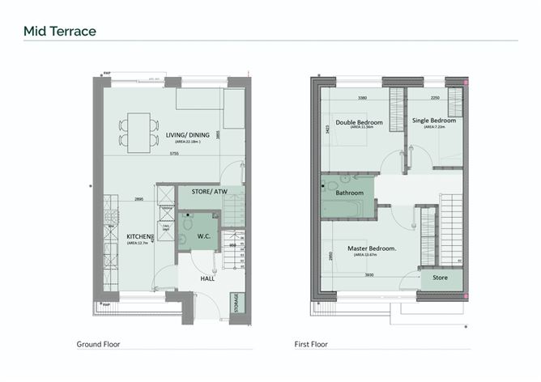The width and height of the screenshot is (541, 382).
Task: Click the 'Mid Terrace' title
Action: point(60,32)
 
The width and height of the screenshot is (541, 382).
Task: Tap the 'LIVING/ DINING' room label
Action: point(185,135)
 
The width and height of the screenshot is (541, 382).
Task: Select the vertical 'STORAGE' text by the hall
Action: point(236,305)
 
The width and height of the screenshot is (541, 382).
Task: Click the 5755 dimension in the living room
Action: point(174,154)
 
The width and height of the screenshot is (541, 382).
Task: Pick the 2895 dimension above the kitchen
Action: point(138,199)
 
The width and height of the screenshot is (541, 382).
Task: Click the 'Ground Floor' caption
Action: point(98,344)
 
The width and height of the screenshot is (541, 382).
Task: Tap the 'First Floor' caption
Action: point(310,344)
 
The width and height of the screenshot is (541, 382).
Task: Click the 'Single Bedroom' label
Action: point(434,121)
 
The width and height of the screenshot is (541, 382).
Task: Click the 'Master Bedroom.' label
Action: point(372,248)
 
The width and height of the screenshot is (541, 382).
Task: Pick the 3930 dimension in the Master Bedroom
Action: point(369,274)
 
